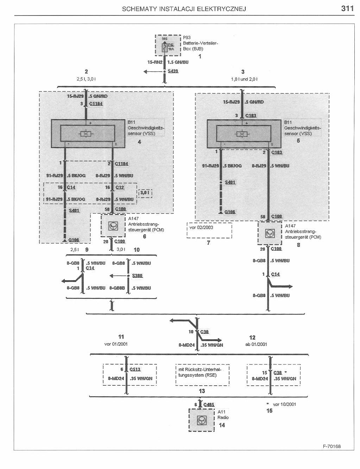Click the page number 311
click(347, 8)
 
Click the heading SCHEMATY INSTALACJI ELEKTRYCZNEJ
click(184, 9)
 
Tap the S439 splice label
click(173, 71)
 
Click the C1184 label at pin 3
click(96, 104)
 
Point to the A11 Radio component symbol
click(202, 420)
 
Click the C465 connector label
click(209, 405)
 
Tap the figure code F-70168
click(331, 446)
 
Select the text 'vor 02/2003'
click(201, 227)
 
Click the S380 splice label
click(137, 276)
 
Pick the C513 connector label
click(135, 369)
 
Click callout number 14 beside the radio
click(222, 425)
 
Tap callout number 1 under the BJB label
click(200, 56)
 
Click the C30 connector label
click(204, 332)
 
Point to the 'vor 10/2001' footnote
click(284, 404)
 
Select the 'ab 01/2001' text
click(256, 344)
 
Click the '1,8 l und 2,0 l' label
click(244, 79)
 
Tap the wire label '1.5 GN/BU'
click(178, 62)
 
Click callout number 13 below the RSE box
click(202, 391)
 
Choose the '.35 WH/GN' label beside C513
click(141, 379)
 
